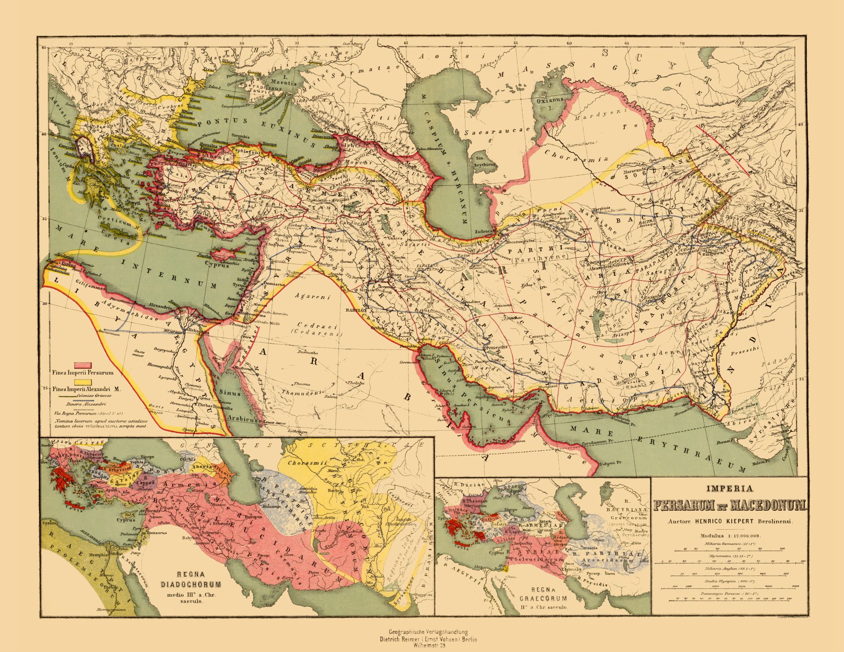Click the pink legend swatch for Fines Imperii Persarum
tap(84, 365)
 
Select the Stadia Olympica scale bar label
tap(724, 581)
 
